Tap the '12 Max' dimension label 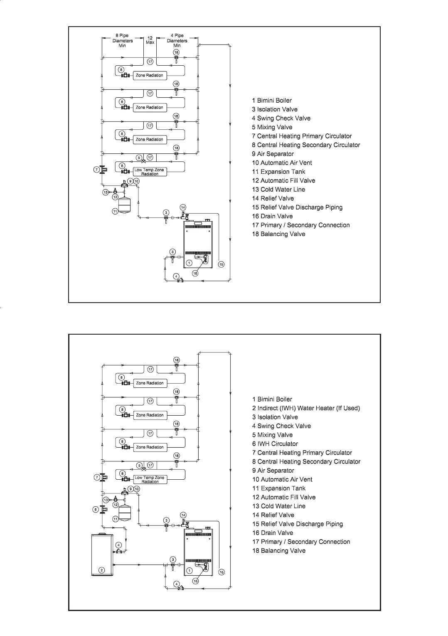[x=150, y=40]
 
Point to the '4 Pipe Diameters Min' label [x=177, y=41]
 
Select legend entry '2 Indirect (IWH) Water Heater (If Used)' [x=306, y=408]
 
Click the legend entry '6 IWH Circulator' [x=275, y=444]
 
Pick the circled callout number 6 [x=95, y=509]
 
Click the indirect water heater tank [x=102, y=555]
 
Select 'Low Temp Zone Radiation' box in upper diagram [x=150, y=172]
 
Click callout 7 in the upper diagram [x=96, y=170]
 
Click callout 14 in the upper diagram [x=183, y=207]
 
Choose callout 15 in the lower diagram [x=222, y=572]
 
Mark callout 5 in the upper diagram [x=139, y=158]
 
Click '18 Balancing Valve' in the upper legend [x=278, y=234]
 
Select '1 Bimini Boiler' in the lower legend [x=272, y=399]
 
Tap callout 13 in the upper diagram [x=106, y=192]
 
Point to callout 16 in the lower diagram [x=195, y=581]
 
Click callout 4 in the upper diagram [x=176, y=276]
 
